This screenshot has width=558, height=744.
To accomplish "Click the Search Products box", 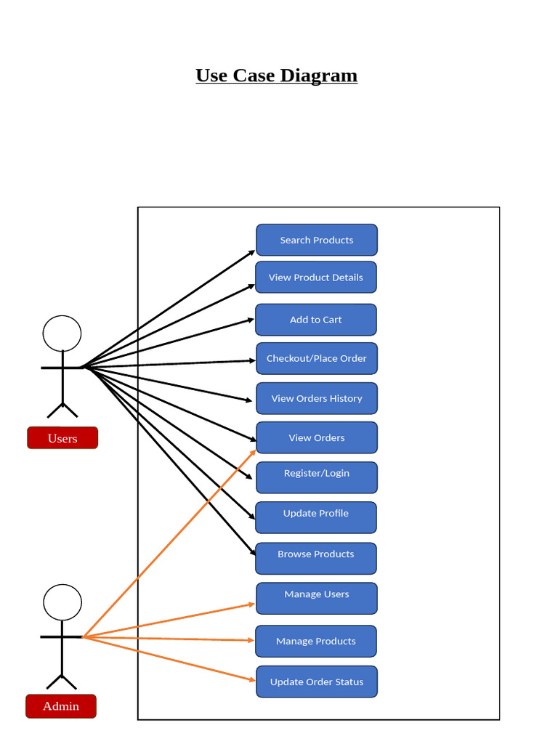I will pyautogui.click(x=317, y=240).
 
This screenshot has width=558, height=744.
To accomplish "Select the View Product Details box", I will pyautogui.click(x=316, y=278).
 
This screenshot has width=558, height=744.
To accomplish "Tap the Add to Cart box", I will pyautogui.click(x=316, y=320).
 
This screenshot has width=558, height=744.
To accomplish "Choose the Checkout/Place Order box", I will pyautogui.click(x=317, y=359).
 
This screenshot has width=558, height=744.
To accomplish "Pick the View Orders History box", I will pyautogui.click(x=317, y=399).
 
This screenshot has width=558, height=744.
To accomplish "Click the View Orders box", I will pyautogui.click(x=317, y=438).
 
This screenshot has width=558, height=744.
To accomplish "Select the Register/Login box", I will pyautogui.click(x=317, y=477).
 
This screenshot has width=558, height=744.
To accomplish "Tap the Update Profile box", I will pyautogui.click(x=316, y=517).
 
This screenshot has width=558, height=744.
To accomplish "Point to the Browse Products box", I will pyautogui.click(x=316, y=558).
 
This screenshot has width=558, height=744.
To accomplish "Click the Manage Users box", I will pyautogui.click(x=317, y=598).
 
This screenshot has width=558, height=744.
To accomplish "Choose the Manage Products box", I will pyautogui.click(x=316, y=641).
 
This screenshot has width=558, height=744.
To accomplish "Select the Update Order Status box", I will pyautogui.click(x=317, y=682).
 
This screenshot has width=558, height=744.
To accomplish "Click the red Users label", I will pyautogui.click(x=62, y=438).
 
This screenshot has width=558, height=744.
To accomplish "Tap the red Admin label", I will pyautogui.click(x=61, y=706).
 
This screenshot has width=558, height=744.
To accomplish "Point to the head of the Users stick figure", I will pyautogui.click(x=62, y=333).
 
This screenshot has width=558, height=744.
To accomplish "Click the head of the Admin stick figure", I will pyautogui.click(x=62, y=602).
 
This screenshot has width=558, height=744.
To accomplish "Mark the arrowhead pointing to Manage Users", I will pyautogui.click(x=252, y=604).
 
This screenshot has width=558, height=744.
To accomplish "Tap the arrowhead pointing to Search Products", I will pyautogui.click(x=252, y=252).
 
